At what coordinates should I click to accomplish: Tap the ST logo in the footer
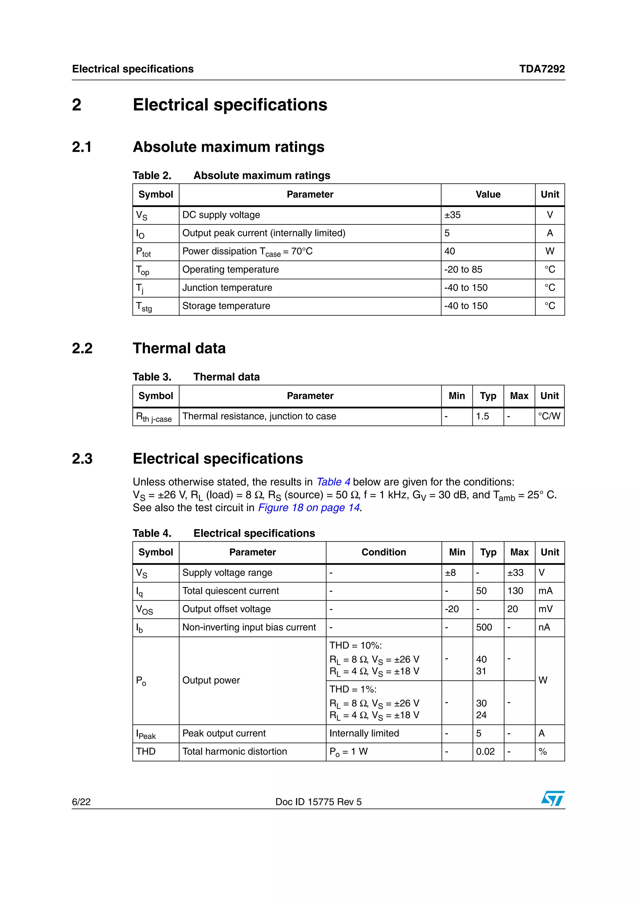tap(553, 798)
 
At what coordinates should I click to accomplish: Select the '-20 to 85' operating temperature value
tap(463, 270)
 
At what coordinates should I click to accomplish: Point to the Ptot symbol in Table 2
tap(143, 252)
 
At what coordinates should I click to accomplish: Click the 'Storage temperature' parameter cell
tap(226, 306)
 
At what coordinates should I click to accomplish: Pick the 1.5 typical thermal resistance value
tap(482, 416)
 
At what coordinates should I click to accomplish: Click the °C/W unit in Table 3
tap(549, 416)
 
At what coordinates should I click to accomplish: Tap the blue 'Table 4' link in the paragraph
tap(333, 482)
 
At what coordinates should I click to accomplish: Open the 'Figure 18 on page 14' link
tap(309, 508)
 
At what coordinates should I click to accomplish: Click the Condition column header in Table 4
tap(384, 552)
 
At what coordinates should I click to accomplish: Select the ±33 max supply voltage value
tap(515, 573)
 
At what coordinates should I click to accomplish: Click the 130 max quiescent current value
tap(515, 591)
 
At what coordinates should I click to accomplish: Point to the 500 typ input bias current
tap(484, 627)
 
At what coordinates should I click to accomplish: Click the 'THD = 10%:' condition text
tap(355, 646)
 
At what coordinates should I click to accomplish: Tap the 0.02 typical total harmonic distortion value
tap(485, 752)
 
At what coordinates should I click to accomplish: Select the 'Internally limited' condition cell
tap(364, 734)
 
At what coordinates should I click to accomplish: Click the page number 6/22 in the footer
tap(81, 802)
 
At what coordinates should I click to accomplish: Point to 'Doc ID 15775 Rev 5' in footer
tap(318, 802)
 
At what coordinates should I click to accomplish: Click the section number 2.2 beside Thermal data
tap(82, 349)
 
